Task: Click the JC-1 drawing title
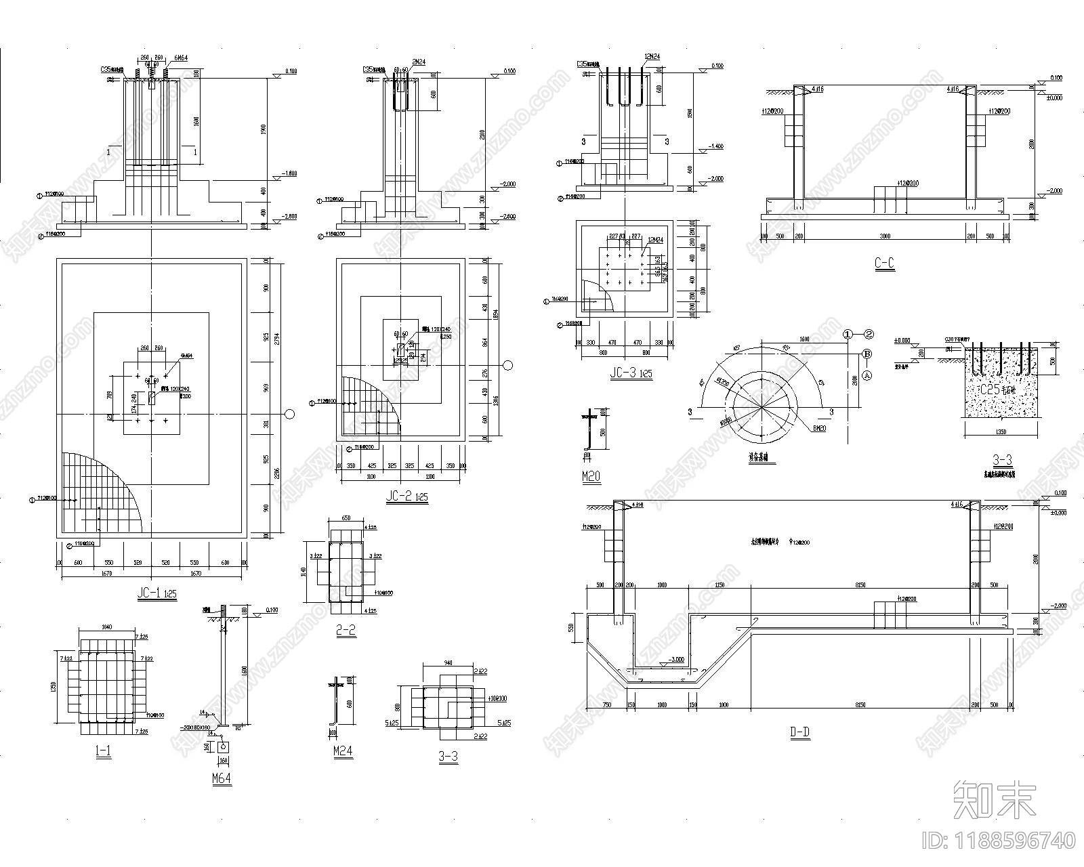pyautogui.click(x=157, y=593)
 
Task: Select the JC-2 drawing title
pyautogui.click(x=406, y=497)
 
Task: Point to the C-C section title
pyautogui.click(x=884, y=264)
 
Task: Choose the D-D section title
pyautogui.click(x=800, y=732)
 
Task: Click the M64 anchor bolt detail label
pyautogui.click(x=222, y=778)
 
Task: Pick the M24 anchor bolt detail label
pyautogui.click(x=343, y=751)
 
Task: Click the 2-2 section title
pyautogui.click(x=346, y=631)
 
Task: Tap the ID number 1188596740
pyautogui.click(x=999, y=841)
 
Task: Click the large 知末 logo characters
pyautogui.click(x=994, y=799)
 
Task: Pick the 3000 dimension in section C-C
pyautogui.click(x=885, y=236)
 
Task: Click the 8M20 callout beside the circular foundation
pyautogui.click(x=819, y=428)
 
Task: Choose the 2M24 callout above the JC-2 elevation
pyautogui.click(x=419, y=62)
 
